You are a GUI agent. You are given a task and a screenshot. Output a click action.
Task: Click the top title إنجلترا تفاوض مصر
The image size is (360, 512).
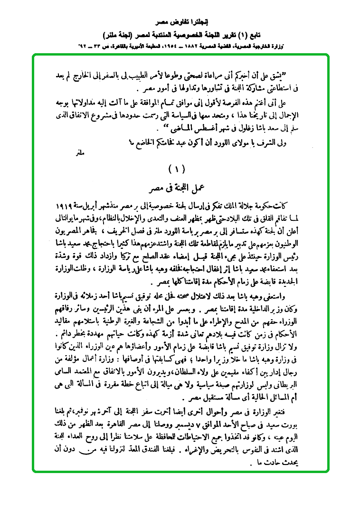(x=180, y=22)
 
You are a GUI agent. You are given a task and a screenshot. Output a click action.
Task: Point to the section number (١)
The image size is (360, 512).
(x=179, y=169)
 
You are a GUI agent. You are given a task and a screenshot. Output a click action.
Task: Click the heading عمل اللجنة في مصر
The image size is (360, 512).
(x=180, y=189)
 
